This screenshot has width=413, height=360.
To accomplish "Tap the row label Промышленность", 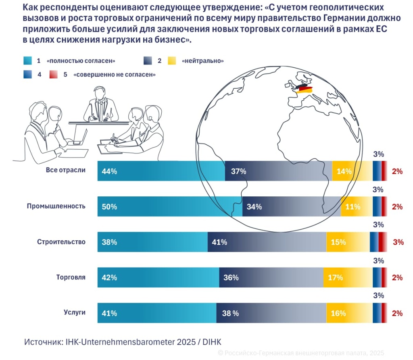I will (x=56, y=206).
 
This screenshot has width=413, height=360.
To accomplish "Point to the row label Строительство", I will (x=61, y=242).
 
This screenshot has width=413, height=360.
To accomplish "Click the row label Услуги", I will (x=75, y=312).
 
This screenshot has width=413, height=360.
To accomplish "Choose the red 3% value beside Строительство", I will (x=398, y=242).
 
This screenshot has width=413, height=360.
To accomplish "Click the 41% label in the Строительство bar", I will (x=219, y=242).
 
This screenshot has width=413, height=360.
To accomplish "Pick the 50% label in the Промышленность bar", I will (x=109, y=207).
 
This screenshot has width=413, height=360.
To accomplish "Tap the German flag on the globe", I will (x=304, y=89).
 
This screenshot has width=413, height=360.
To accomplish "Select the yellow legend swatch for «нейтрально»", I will (x=172, y=61).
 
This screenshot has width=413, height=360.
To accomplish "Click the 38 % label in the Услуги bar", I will (x=230, y=313).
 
